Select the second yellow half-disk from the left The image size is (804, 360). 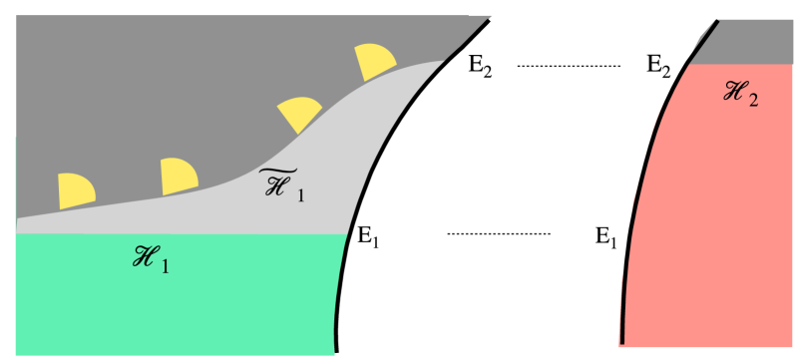pos(179,177)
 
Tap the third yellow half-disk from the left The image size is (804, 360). pos(298,116)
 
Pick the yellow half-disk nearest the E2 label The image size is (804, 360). pos(372,62)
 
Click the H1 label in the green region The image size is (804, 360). pos(147,261)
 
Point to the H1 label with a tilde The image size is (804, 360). pos(281,185)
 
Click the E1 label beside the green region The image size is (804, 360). pos(369,237)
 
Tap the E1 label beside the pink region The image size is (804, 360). pos(606,237)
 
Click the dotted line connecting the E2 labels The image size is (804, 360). pos(569,66)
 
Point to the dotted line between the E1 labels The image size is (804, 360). pos(499,234)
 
